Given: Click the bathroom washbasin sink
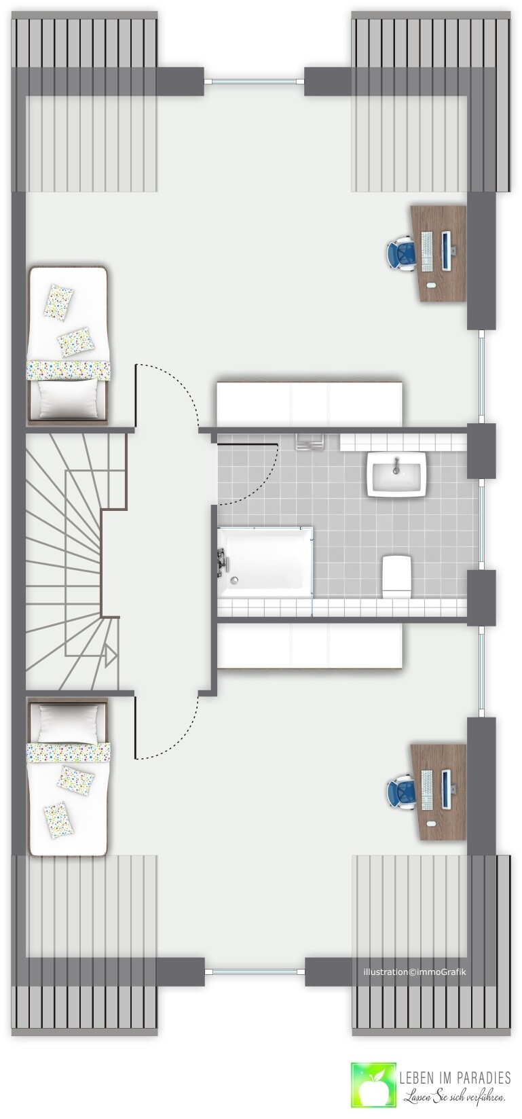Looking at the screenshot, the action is [x=397, y=475].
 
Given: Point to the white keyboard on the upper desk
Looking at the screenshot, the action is [x=427, y=251].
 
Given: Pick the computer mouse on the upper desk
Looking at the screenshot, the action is [x=431, y=285].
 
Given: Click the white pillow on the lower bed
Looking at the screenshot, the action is [x=67, y=722].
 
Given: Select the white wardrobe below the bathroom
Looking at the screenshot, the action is [x=310, y=647].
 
